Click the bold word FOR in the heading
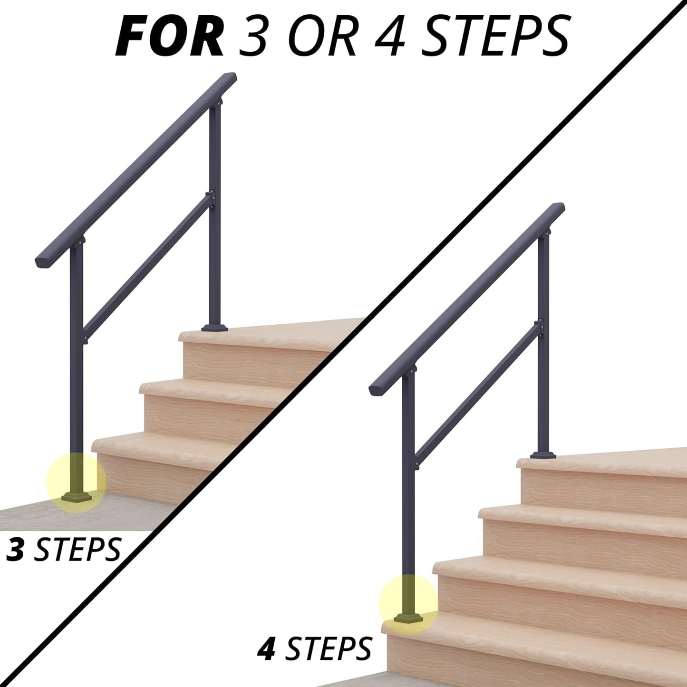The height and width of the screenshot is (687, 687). [x=170, y=36]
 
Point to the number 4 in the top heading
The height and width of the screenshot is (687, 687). [x=390, y=36]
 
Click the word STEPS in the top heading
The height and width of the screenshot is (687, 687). [x=494, y=36]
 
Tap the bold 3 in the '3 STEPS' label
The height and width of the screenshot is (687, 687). [x=15, y=550]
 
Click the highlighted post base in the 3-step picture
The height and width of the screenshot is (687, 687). [x=76, y=497]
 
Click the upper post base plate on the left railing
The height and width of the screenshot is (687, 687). [x=215, y=328]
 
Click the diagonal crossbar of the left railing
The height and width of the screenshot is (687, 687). [x=147, y=267]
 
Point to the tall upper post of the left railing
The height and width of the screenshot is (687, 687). [x=215, y=214]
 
